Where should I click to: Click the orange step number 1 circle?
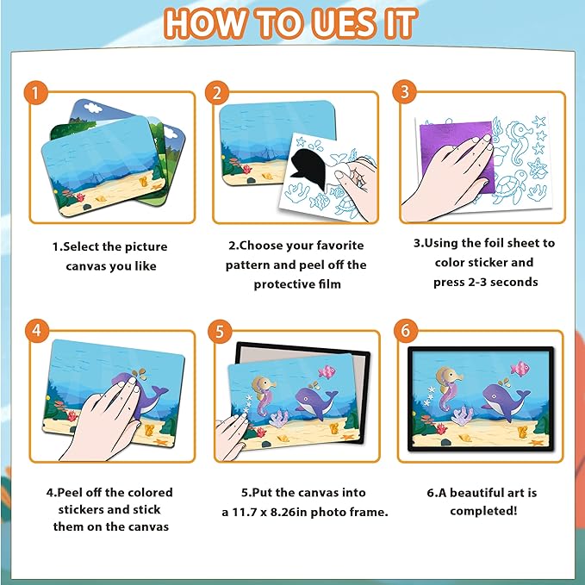coord(36,92)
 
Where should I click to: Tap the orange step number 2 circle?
coord(217,92)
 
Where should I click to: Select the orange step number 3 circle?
coord(405,92)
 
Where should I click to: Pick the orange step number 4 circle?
coord(37,330)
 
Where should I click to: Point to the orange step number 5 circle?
coord(220,331)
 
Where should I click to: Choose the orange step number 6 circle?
coord(406,330)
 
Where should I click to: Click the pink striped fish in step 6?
coord(520,369)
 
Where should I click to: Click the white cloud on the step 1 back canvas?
coord(93,108)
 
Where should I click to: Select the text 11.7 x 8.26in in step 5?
coord(270,512)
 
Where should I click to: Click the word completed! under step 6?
coord(483,511)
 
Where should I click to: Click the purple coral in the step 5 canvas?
coord(279,418)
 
